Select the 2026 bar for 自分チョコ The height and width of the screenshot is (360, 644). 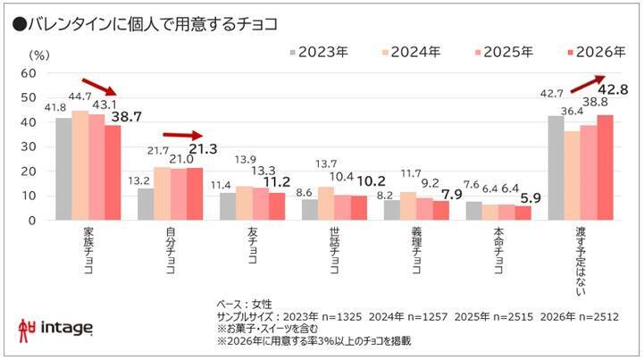tap(194, 193)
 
